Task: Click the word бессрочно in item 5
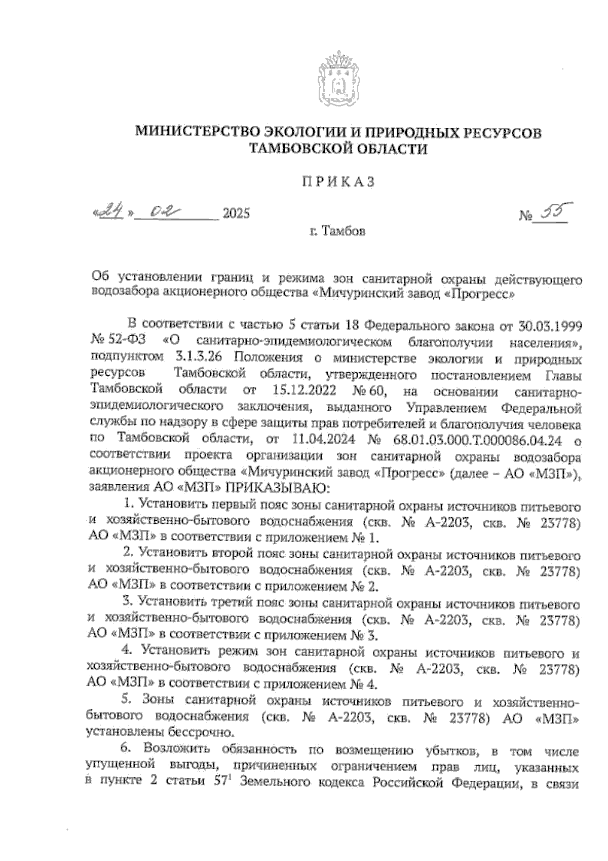(199, 732)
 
